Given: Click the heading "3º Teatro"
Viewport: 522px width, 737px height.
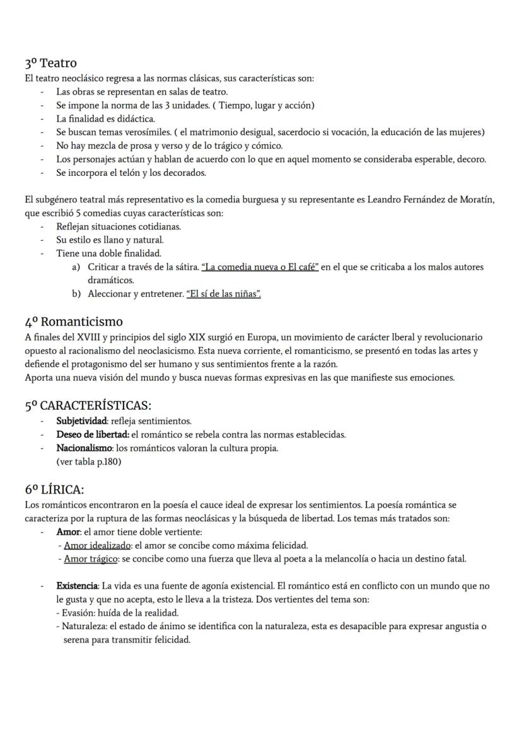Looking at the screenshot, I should click(50, 63).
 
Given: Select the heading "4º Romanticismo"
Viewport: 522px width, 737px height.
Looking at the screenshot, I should click(74, 322).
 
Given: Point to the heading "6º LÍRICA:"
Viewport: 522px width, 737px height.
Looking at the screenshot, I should click(54, 489).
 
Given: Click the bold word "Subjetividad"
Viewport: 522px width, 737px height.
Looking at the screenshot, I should click(81, 421).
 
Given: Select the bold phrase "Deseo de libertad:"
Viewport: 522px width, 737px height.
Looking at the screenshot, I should click(93, 435).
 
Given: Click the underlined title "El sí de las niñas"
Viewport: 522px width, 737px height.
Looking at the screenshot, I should click(224, 294).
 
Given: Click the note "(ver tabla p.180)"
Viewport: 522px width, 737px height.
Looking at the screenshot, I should click(88, 461).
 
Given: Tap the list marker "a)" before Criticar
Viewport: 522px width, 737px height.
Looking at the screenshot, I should click(76, 267).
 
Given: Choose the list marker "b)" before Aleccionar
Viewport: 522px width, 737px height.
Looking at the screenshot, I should click(76, 294).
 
